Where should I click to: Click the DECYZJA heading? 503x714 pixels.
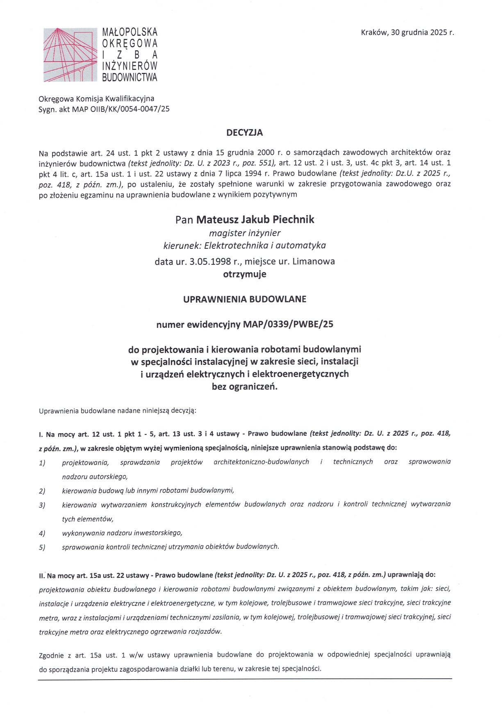[x=245, y=133]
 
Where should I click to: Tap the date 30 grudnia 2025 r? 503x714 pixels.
[x=422, y=32]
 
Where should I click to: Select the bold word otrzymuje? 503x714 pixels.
[x=245, y=274]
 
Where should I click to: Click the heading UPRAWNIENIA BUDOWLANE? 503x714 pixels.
[x=245, y=299]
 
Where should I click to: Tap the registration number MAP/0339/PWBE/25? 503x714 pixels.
[x=288, y=325]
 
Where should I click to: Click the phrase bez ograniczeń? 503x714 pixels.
[x=245, y=386]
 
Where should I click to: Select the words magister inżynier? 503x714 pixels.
[x=245, y=233]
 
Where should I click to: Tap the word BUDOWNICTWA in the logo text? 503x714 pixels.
[x=130, y=77]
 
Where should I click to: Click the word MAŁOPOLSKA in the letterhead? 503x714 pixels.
[x=130, y=32]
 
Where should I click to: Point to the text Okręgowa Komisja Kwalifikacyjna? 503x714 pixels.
[x=96, y=99]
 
